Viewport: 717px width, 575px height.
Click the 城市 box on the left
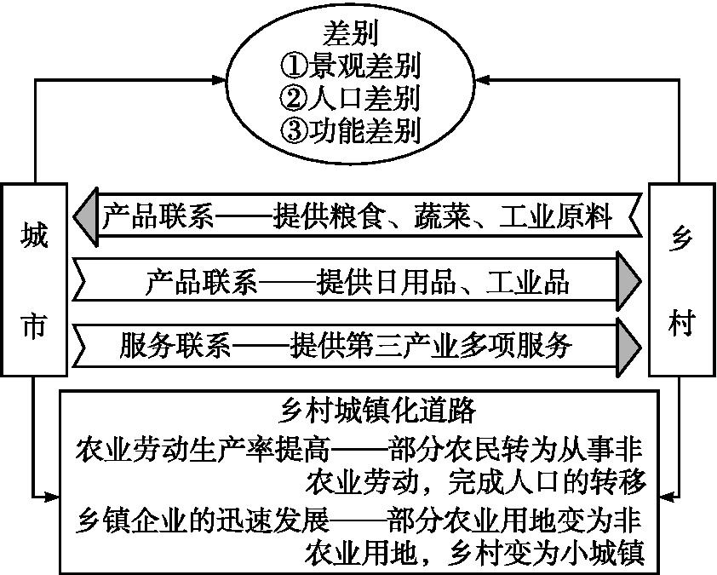[x=34, y=279]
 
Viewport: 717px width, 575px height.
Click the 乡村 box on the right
[x=682, y=279]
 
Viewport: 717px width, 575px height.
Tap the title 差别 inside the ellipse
[x=351, y=34]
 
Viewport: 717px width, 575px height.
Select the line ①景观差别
[x=350, y=66]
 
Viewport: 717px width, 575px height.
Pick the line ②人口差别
[x=350, y=98]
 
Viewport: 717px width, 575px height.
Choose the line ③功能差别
[x=350, y=131]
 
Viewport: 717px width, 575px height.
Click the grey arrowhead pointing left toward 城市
[x=85, y=216]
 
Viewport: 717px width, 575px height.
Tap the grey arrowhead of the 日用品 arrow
[x=628, y=281]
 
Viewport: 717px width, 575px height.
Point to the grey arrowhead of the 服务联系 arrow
[x=628, y=347]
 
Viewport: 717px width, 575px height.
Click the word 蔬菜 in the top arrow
[x=442, y=216]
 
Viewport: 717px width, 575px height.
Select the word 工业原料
[x=555, y=216]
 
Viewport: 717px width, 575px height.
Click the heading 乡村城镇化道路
[x=378, y=410]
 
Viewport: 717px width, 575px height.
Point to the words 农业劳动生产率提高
[x=203, y=449]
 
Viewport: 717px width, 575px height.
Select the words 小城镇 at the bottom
[x=603, y=553]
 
